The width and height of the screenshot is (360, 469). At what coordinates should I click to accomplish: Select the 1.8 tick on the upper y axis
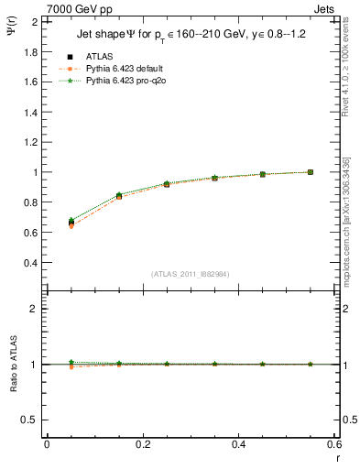[x=30, y=51]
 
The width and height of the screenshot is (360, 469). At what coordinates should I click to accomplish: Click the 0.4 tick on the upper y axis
[x=30, y=263]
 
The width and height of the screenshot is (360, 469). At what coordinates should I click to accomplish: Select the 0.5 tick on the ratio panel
[x=30, y=420]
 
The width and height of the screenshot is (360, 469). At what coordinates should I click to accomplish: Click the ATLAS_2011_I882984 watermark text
[x=191, y=274]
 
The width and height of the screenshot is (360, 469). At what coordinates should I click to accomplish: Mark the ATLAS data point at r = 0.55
[x=311, y=172]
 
